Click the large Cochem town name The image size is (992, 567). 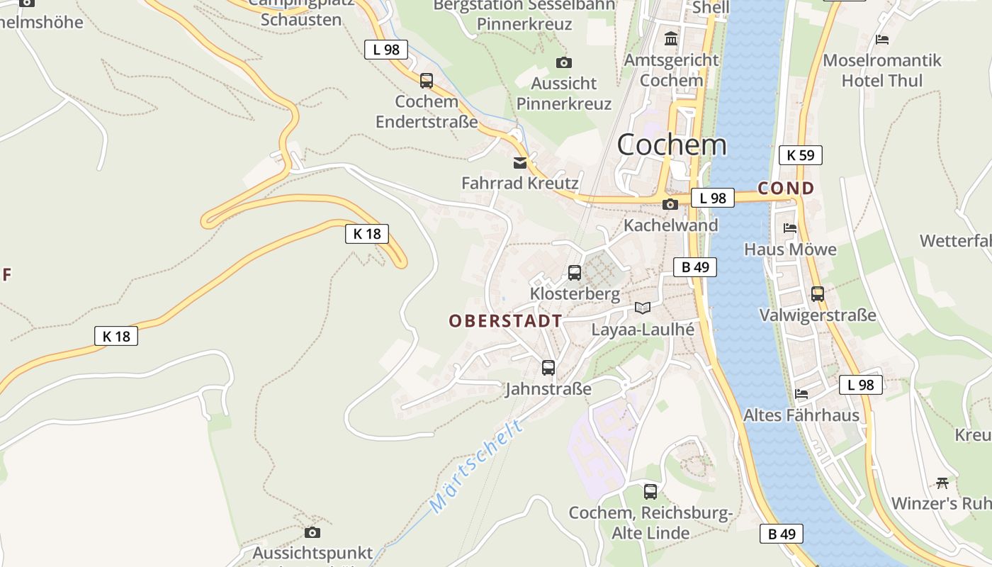point(672,145)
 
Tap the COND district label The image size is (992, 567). point(786,189)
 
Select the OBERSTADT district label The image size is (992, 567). point(505,321)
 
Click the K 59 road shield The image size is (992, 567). point(801,155)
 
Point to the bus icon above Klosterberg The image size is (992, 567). point(575,272)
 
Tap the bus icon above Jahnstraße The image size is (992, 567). point(548,368)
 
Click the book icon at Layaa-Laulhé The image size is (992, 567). point(643,308)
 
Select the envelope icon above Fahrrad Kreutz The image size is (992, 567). point(520,163)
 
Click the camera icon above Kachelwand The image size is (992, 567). point(670,205)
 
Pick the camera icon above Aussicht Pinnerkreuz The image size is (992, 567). point(564,63)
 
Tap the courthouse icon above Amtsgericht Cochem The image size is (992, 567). point(670,38)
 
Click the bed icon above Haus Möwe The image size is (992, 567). point(790,228)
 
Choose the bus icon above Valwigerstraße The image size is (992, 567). point(818,293)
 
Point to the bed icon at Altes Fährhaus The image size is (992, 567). point(801,394)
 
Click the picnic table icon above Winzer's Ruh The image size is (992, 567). point(942,483)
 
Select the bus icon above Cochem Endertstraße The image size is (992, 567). point(427,81)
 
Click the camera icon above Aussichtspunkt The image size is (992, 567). point(312,532)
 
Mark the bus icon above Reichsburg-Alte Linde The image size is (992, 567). point(650,491)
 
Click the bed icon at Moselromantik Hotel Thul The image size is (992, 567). point(882,39)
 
